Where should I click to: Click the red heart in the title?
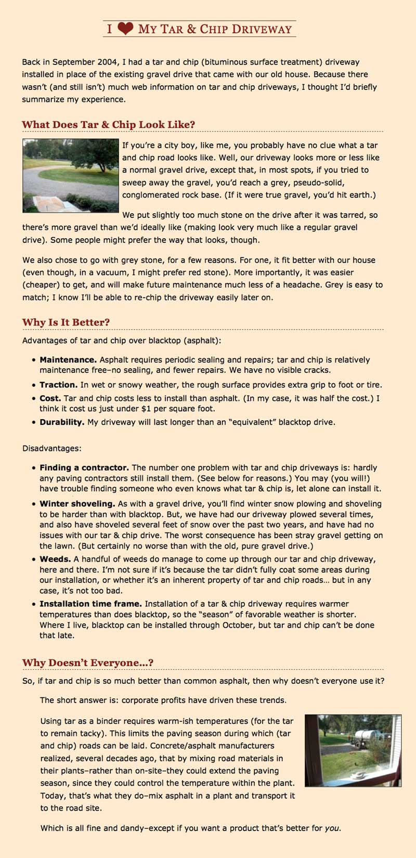(125, 29)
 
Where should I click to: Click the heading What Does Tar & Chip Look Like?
(108, 125)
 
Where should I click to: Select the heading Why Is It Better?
(66, 322)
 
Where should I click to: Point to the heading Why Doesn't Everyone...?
(87, 662)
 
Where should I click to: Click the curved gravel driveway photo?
(70, 175)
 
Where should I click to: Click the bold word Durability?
(62, 422)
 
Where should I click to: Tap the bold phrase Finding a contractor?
(84, 467)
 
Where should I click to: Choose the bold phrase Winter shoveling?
(77, 503)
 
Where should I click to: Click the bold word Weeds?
(55, 558)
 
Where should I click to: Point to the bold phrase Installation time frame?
(90, 604)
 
